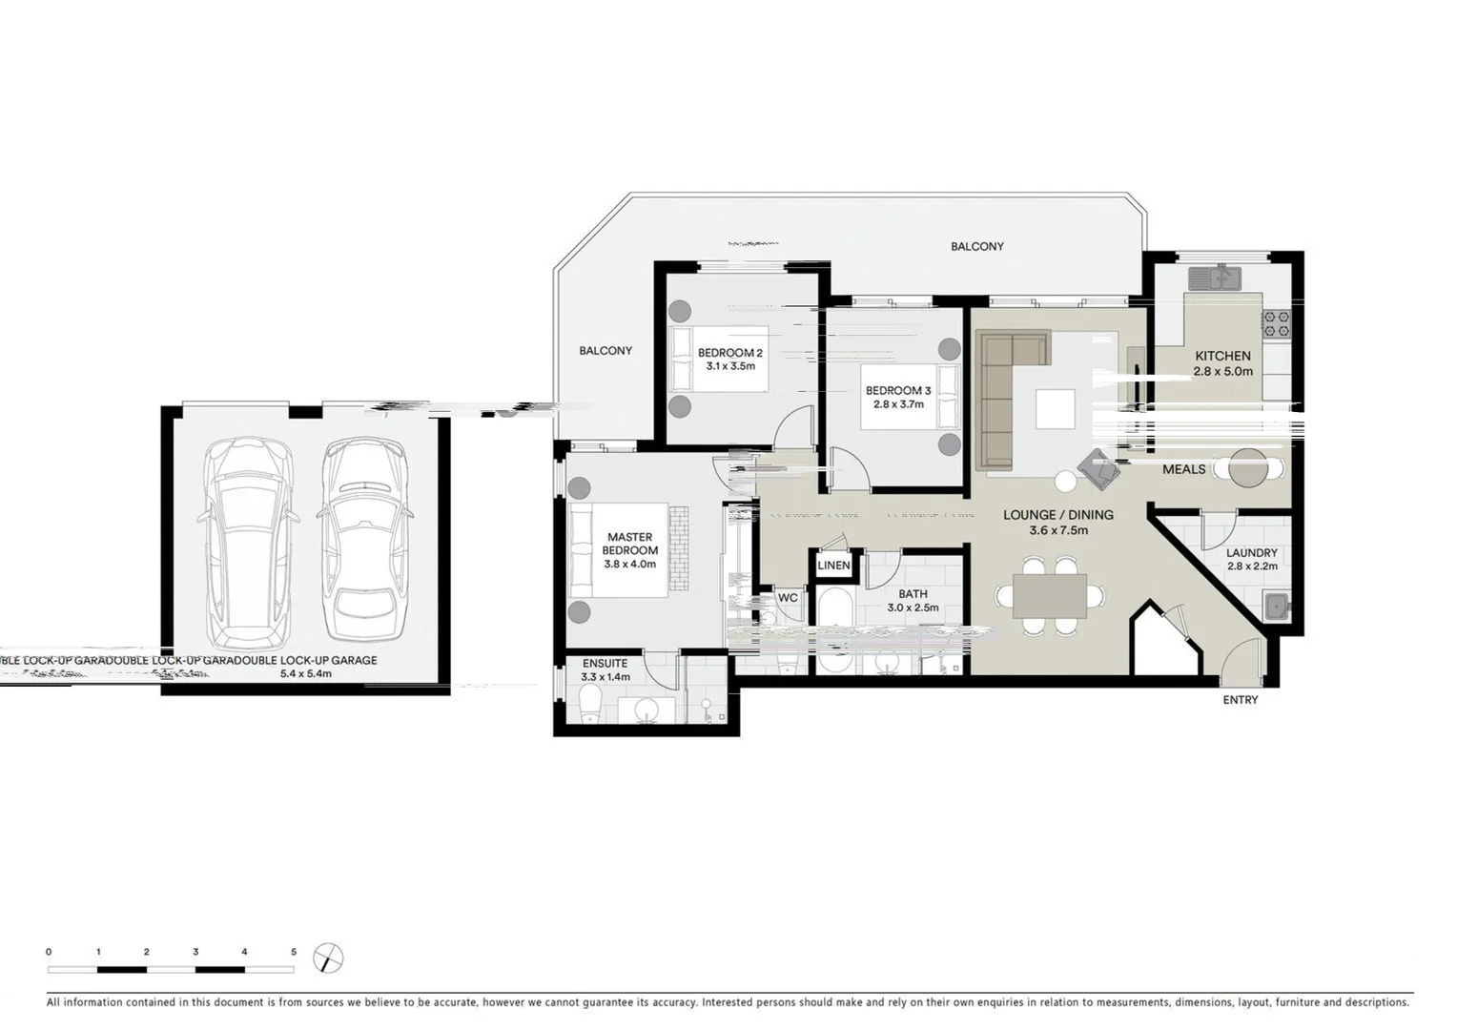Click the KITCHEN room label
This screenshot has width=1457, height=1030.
point(1222,356)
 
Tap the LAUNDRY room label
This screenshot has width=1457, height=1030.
point(1251,553)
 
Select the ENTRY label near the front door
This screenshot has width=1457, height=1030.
point(1240,700)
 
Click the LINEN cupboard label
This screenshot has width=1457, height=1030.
point(833,566)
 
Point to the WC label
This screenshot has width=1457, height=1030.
point(788,598)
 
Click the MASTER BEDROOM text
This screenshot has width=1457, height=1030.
point(629,544)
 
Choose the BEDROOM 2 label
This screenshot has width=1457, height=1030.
point(729,353)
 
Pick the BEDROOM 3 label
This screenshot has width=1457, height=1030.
point(897,390)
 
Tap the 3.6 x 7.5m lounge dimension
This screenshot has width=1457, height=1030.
point(1057,531)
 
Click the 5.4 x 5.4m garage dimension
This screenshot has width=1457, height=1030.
point(305,673)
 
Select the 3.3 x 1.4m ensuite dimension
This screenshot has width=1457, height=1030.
point(605,677)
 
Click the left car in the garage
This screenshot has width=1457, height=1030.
point(248,539)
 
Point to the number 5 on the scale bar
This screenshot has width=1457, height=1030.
point(294,952)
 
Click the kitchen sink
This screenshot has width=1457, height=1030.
point(1213,278)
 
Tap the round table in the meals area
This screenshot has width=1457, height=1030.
point(1248,467)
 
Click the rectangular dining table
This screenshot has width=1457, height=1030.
point(1049,596)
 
